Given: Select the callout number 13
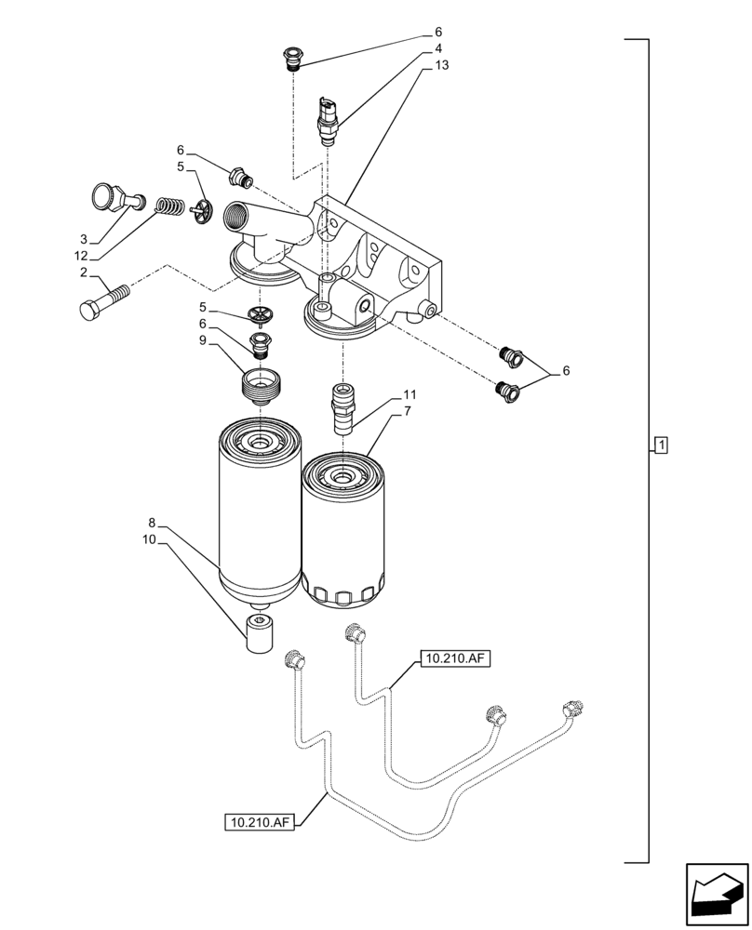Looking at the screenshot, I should (441, 66).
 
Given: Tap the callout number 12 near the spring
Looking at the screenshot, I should (83, 256).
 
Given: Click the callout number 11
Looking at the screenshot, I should (410, 394).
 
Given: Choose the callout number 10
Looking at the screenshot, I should (148, 539).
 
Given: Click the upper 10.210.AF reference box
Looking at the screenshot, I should (454, 659).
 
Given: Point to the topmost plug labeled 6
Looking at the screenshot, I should (291, 58).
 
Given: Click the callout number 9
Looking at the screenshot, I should (176, 340).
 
